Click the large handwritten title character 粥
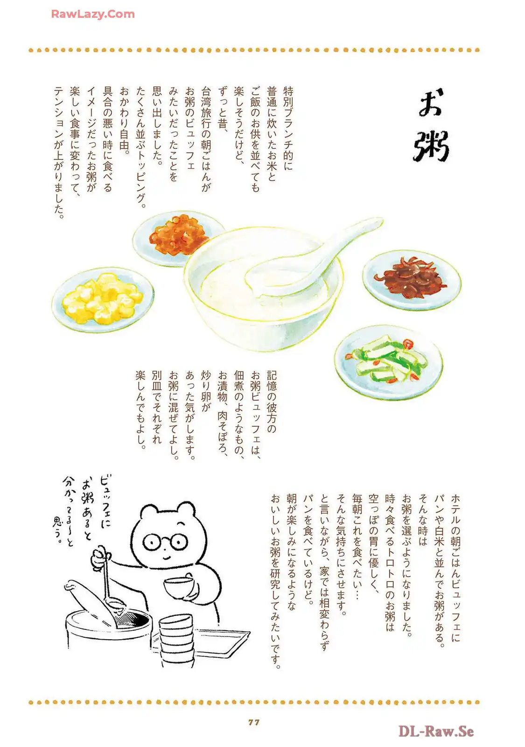(x=431, y=145)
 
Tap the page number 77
(x=254, y=722)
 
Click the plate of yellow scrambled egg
(x=103, y=300)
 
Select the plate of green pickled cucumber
(x=389, y=362)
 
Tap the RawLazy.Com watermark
(x=93, y=14)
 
